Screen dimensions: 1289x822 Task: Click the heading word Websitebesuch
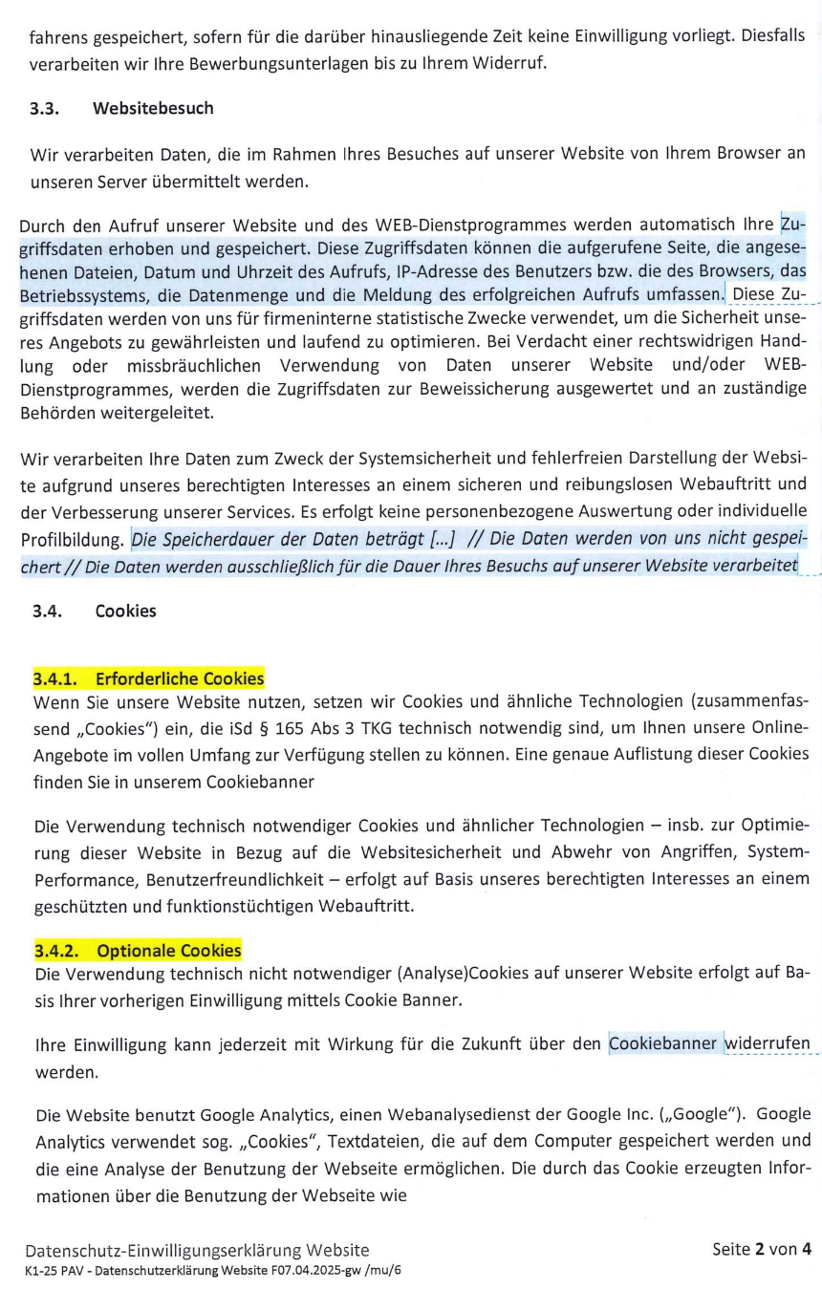coord(152,108)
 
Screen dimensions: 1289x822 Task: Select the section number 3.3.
coord(45,108)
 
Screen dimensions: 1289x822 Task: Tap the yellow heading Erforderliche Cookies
coord(180,679)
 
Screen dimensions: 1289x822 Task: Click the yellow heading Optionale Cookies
coord(169,951)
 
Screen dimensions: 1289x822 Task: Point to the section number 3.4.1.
coord(57,679)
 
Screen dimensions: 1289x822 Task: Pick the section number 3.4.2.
coord(57,951)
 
